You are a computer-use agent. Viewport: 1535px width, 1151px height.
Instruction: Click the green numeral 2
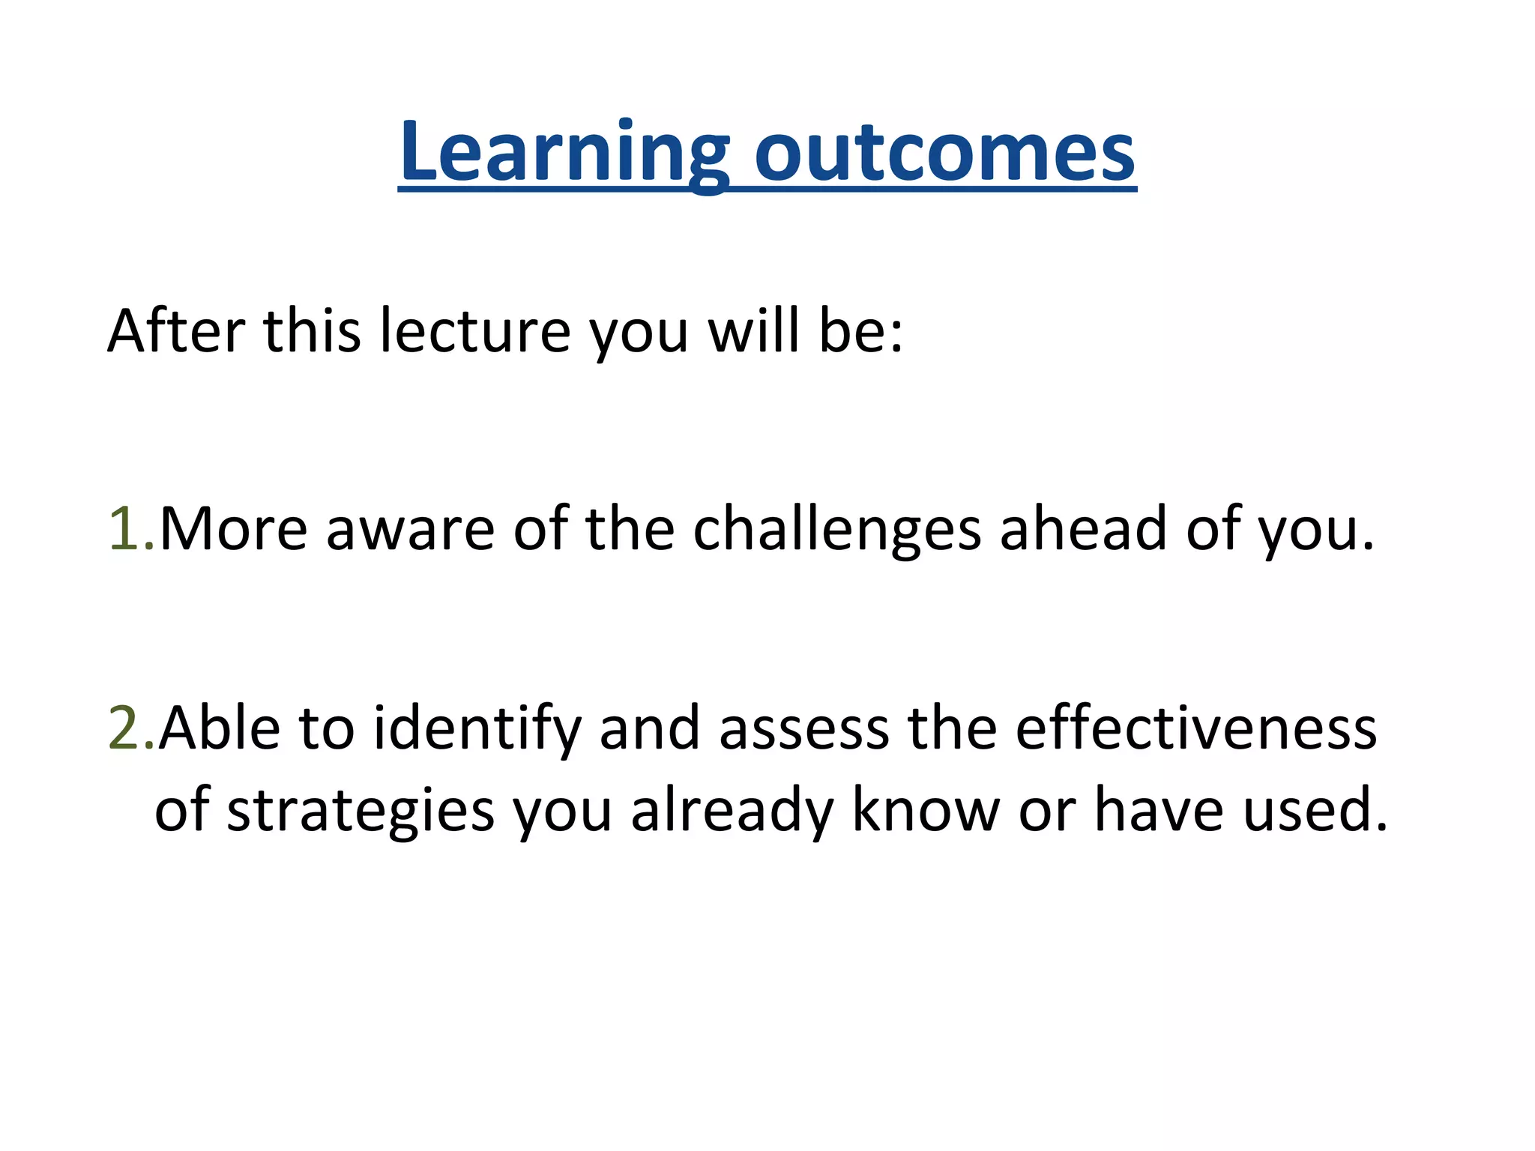click(x=123, y=728)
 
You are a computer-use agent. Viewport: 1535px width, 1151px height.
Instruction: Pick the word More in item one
click(x=233, y=529)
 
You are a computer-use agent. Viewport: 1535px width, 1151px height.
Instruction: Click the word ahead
click(x=1083, y=529)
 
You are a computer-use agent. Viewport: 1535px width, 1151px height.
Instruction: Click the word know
click(x=926, y=810)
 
